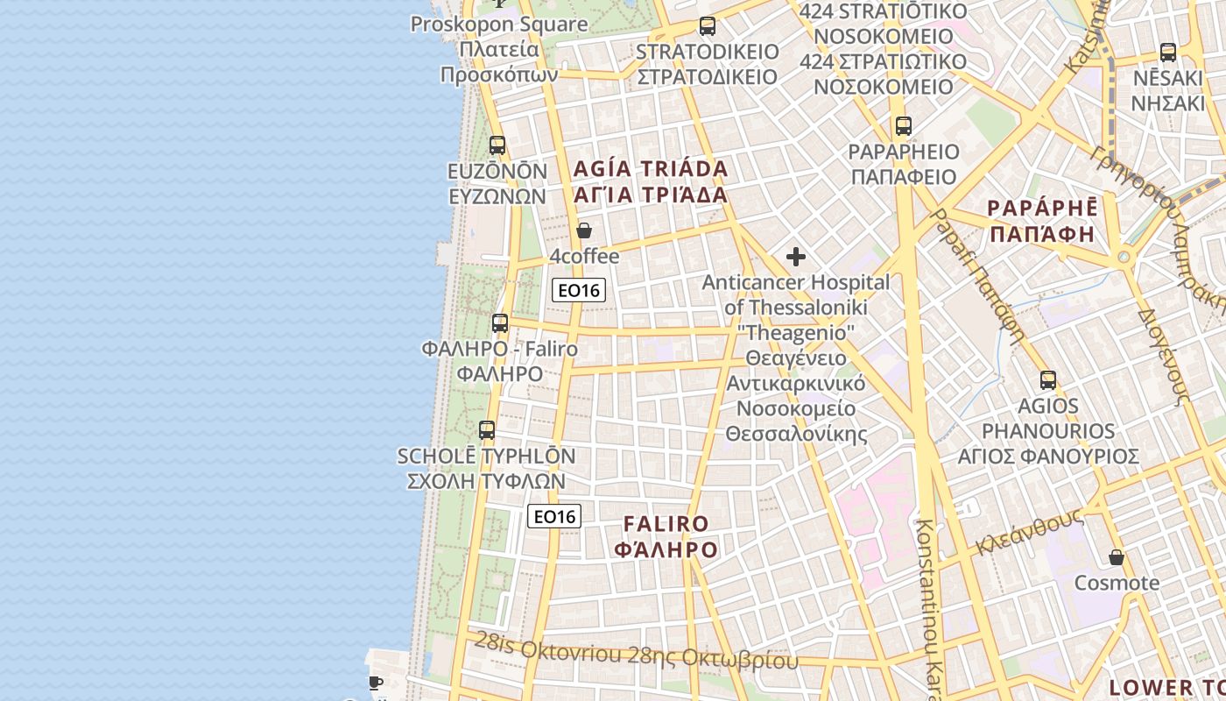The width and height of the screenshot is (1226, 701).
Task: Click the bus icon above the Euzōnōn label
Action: pyautogui.click(x=497, y=145)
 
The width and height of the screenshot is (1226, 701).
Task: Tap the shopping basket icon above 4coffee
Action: pyautogui.click(x=584, y=230)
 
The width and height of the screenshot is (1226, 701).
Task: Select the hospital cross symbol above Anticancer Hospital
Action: pyautogui.click(x=796, y=257)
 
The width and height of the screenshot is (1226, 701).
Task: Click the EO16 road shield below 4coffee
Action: pyautogui.click(x=579, y=290)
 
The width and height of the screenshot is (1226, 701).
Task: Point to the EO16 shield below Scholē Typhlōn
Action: pyautogui.click(x=555, y=516)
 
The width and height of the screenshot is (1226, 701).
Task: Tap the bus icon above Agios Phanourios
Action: pyautogui.click(x=1048, y=380)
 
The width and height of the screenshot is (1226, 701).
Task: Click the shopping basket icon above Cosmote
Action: pyautogui.click(x=1117, y=557)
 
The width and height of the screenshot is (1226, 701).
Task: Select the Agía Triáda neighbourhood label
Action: pyautogui.click(x=651, y=181)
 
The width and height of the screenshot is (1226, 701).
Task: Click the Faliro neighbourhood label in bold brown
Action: pyautogui.click(x=666, y=537)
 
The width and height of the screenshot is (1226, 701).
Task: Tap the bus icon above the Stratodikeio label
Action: pyautogui.click(x=708, y=26)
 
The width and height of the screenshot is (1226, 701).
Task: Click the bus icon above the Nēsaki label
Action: pyautogui.click(x=1168, y=52)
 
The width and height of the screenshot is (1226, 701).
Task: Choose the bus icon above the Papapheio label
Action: pyautogui.click(x=904, y=126)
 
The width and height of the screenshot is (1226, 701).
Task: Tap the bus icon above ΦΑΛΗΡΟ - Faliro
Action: pyautogui.click(x=500, y=323)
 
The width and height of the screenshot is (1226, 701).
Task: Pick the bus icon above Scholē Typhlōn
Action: pyautogui.click(x=487, y=430)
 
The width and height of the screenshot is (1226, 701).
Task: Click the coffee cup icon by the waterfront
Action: pyautogui.click(x=376, y=683)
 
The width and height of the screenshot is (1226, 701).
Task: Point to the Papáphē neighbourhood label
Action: pyautogui.click(x=1042, y=221)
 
